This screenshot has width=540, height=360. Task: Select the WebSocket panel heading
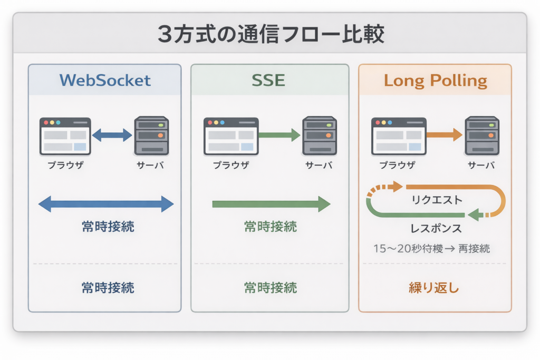coord(105,80)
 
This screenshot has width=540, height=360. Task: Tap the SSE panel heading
coord(269,80)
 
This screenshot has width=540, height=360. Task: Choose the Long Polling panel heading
coord(435,80)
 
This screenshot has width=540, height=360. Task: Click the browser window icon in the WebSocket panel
coord(65,136)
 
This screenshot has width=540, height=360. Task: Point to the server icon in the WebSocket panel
coord(151,136)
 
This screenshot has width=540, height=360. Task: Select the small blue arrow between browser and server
coord(112,135)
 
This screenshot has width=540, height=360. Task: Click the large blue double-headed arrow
coord(106,204)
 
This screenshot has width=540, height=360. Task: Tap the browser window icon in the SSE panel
coord(230,136)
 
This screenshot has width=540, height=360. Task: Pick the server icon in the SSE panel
coord(319,136)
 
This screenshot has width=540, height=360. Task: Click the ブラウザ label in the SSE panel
coord(231,166)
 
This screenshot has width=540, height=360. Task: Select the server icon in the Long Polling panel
coord(481,136)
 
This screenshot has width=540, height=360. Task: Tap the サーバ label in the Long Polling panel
coord(481,166)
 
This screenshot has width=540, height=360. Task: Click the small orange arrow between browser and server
coord(444,135)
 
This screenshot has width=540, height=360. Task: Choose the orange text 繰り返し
coord(435,288)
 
